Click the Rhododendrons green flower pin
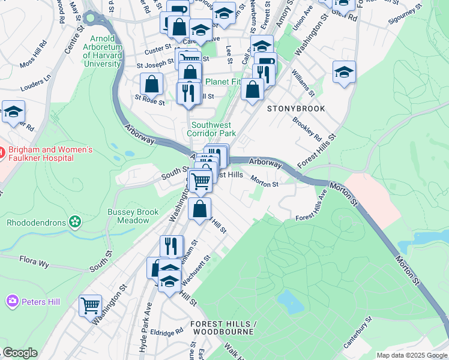(x=75, y=222)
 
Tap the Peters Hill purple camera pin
(x=12, y=301)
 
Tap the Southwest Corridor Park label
(x=211, y=129)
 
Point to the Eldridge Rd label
(x=167, y=331)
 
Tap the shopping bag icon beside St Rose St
(x=152, y=84)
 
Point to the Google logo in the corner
(x=20, y=353)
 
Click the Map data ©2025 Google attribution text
(x=412, y=355)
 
